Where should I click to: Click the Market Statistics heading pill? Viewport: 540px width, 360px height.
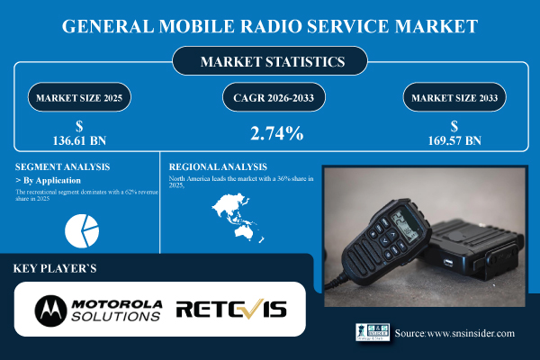[269, 62]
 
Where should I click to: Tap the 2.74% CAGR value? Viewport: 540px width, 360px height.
[270, 134]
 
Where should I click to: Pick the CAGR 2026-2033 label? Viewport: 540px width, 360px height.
[270, 95]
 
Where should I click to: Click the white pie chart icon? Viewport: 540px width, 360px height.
[82, 229]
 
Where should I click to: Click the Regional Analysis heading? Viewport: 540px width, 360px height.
[217, 166]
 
